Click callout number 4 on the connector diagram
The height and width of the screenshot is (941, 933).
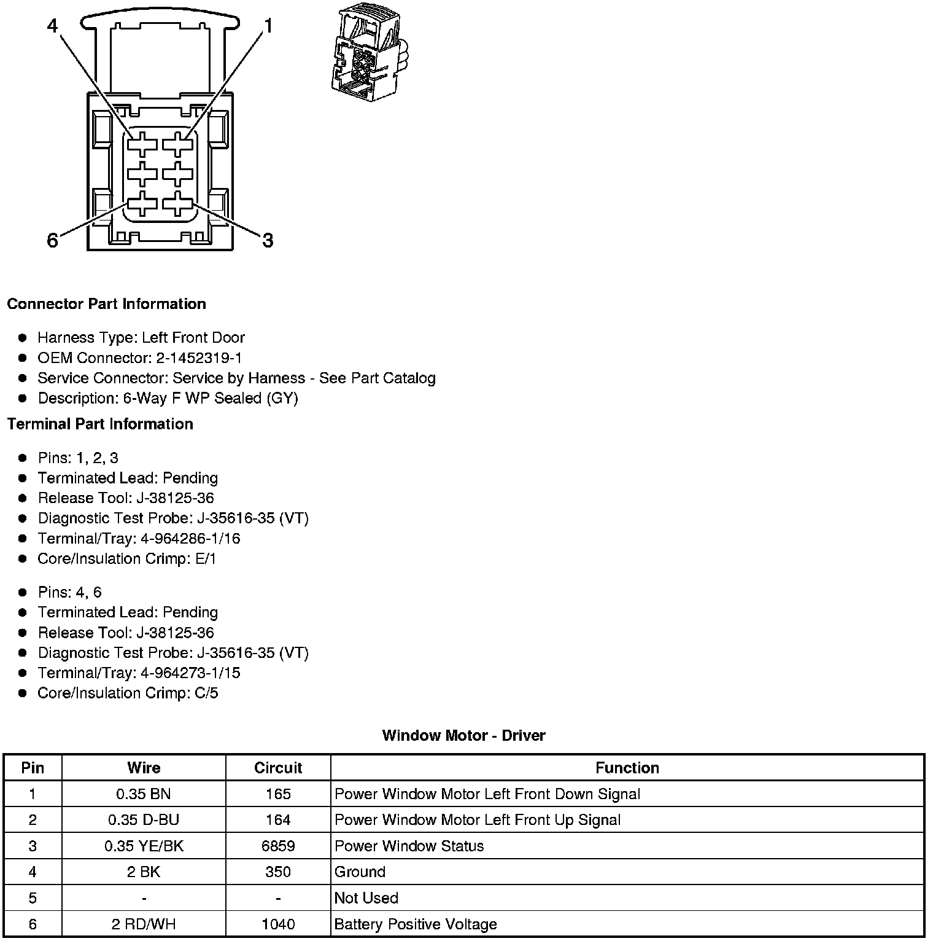(53, 26)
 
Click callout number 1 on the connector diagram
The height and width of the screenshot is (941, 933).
(268, 26)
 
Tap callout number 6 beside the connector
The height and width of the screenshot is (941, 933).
(53, 241)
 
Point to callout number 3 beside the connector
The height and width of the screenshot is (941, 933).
(268, 241)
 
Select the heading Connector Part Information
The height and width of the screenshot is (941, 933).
(106, 304)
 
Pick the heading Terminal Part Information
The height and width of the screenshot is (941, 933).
(100, 424)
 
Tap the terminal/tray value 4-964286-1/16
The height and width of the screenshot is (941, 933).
(190, 539)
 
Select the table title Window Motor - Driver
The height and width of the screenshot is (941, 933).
(463, 735)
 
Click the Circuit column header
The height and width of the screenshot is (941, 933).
(278, 768)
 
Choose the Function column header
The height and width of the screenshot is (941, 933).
(627, 768)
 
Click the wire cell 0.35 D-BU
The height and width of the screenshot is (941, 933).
(144, 820)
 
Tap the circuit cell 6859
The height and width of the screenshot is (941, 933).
(278, 846)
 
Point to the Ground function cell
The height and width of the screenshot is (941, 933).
(360, 872)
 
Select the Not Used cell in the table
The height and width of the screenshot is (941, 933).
(366, 898)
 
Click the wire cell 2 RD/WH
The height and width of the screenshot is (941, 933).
(144, 924)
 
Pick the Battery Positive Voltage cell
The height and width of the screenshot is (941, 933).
(416, 924)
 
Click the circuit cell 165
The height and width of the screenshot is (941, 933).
(278, 794)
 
